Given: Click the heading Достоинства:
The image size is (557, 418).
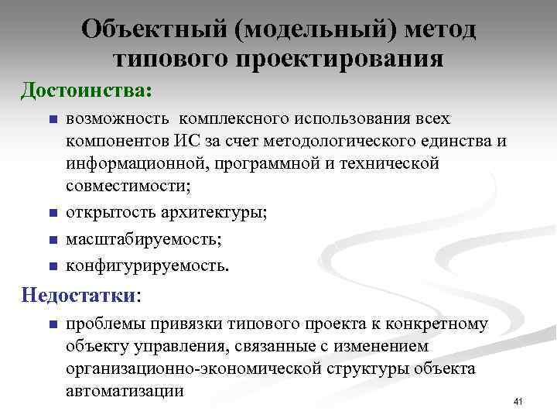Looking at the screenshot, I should point(87,90).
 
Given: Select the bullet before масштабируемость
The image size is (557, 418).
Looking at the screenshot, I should point(53,240).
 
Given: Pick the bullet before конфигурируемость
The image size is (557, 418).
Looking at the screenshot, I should point(53,267).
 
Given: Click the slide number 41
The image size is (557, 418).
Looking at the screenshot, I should point(518,401).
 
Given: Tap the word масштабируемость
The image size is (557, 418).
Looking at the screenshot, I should point(143,240).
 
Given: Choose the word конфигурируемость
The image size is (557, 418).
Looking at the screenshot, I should point(147,266).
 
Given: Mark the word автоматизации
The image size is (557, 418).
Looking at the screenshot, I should point(125,391).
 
